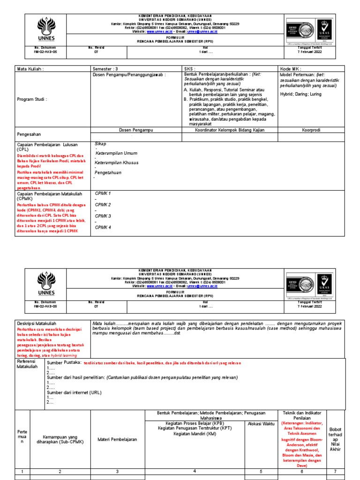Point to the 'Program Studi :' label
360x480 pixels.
point(32,99)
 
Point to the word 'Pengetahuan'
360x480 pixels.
point(109,172)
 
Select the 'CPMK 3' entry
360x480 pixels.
point(103,216)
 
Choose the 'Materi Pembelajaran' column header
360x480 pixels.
point(117,439)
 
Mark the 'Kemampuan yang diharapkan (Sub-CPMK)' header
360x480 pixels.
point(60,439)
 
